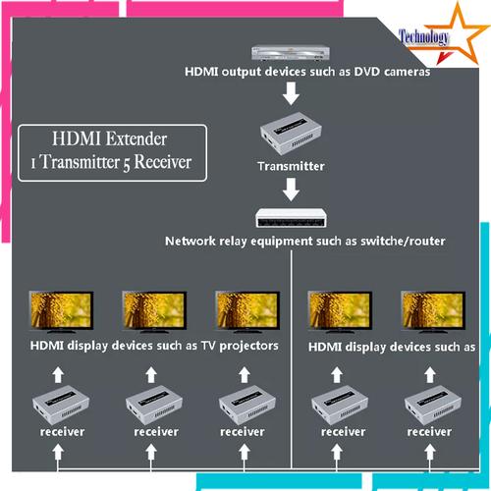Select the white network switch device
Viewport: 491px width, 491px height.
(292, 219)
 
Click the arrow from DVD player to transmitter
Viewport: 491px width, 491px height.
(290, 94)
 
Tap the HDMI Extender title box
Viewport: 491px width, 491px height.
(113, 152)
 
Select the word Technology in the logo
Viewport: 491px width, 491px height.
(425, 37)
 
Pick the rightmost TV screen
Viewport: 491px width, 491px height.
(429, 309)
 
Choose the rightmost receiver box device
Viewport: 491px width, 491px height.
(429, 404)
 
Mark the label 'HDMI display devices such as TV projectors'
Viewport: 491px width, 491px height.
(154, 346)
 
